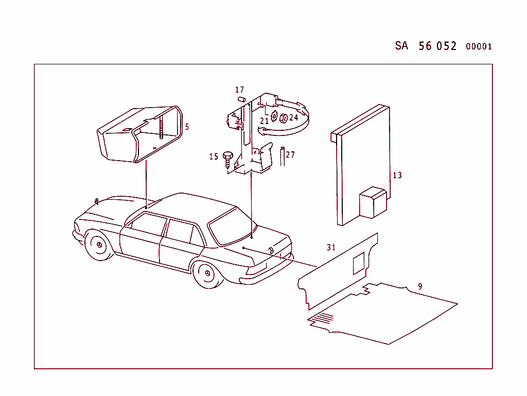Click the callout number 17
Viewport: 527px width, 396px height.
(x=239, y=90)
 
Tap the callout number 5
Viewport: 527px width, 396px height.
(x=187, y=127)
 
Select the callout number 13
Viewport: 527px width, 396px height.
(x=397, y=175)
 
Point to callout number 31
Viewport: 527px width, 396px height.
(x=331, y=247)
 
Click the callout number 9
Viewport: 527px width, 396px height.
(x=420, y=286)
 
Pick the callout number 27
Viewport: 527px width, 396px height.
(x=290, y=154)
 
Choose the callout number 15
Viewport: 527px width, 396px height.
(x=214, y=157)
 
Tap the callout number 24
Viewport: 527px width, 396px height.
(x=293, y=117)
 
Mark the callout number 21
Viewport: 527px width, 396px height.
(x=264, y=121)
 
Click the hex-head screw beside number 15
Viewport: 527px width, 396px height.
(x=228, y=160)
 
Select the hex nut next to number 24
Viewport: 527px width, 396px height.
(x=284, y=118)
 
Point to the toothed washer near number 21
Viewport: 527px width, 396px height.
(x=274, y=116)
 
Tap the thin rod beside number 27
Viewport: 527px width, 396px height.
(x=283, y=157)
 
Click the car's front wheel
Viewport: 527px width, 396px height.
(x=99, y=245)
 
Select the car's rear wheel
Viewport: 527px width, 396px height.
(x=208, y=273)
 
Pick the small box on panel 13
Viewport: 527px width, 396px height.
(x=373, y=202)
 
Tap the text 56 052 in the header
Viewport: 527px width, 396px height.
(x=437, y=46)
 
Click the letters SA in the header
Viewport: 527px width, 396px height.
(x=401, y=45)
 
